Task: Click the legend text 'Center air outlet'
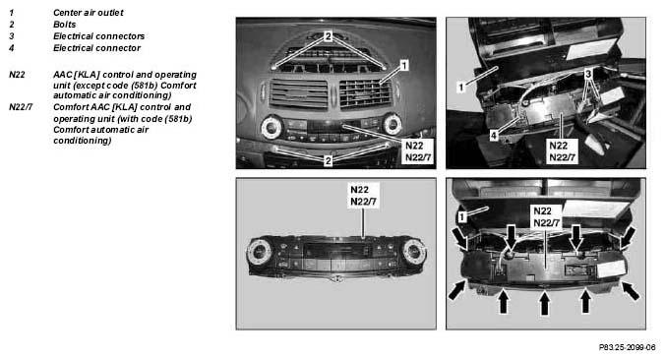[x=89, y=13]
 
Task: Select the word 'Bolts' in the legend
[x=65, y=25]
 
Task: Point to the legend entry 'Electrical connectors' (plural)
[x=98, y=36]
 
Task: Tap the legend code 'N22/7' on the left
[x=21, y=107]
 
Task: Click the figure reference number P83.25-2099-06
[x=627, y=347]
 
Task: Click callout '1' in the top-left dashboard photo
[x=404, y=65]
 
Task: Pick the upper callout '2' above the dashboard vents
[x=328, y=36]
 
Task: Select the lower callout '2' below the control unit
[x=328, y=160]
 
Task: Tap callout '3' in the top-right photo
[x=588, y=75]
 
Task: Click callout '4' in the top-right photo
[x=494, y=136]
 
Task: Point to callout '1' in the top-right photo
[x=461, y=88]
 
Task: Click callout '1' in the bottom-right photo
[x=462, y=217]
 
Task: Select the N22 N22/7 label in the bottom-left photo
[x=363, y=196]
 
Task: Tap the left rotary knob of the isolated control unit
[x=259, y=253]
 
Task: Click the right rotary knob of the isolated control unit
[x=414, y=253]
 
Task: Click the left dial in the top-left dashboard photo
[x=272, y=126]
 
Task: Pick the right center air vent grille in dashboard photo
[x=365, y=93]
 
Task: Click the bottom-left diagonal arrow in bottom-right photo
[x=457, y=290]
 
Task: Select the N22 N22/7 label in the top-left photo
[x=418, y=151]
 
